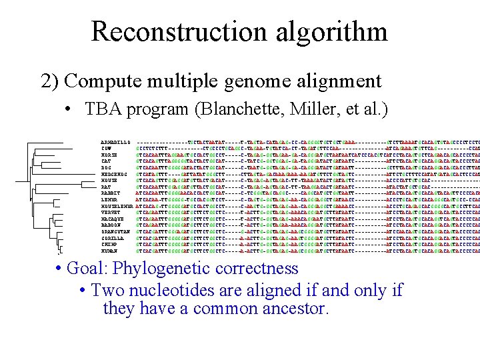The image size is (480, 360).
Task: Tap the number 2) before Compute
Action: (x=51, y=81)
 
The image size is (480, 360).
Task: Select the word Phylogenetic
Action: (x=163, y=269)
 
